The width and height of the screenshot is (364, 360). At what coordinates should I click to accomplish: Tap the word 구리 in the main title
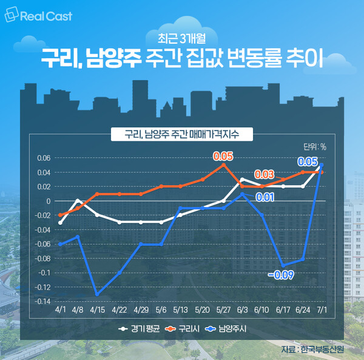coord(57,60)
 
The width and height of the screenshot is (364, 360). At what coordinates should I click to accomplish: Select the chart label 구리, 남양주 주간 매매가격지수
coord(181,134)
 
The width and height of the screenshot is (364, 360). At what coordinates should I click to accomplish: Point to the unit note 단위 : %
coord(314,146)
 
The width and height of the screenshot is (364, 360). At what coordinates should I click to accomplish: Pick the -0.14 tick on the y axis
coord(43,301)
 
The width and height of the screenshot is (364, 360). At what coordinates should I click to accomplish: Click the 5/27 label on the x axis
coord(223,310)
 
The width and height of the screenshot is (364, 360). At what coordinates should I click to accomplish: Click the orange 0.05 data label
coord(223,156)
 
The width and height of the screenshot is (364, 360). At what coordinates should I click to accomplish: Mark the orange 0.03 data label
coord(265,174)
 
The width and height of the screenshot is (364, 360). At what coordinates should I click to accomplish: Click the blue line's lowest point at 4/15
coord(97,294)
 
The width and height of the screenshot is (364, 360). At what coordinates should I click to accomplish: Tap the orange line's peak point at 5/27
coord(223,165)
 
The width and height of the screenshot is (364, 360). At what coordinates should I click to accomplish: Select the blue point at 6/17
coord(283,265)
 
